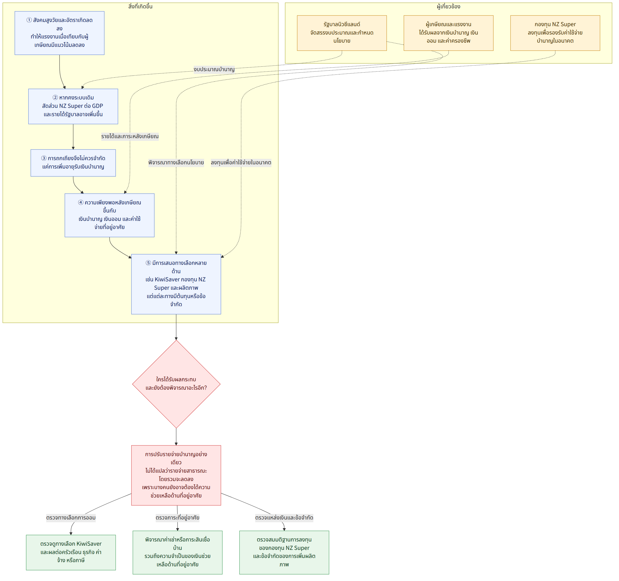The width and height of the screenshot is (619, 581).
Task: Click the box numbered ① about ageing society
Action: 60,33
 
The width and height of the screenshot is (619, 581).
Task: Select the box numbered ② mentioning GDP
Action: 73,106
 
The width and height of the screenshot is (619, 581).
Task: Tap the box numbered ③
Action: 73,163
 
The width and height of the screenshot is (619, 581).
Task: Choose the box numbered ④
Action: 110,215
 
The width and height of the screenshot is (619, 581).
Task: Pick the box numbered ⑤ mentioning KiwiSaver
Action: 176,284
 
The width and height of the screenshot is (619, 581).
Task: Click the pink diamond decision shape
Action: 176,384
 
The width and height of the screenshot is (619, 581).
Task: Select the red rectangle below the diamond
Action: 176,475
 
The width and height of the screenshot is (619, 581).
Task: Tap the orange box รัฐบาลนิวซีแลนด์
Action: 342,33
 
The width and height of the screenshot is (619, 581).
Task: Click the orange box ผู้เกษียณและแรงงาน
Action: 448,33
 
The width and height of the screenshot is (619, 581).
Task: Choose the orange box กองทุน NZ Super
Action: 555,33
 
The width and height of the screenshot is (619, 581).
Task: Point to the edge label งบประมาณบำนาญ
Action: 214,69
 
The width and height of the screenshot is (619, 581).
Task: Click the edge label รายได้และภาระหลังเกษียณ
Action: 130,136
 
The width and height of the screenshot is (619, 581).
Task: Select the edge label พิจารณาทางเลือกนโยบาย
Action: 176,163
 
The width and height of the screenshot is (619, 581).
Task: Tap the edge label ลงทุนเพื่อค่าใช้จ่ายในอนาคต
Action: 241,163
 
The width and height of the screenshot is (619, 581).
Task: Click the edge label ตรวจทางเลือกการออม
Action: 71,518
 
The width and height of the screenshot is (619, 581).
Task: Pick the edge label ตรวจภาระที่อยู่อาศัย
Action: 177,518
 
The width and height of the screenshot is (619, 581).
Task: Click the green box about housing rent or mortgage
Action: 177,552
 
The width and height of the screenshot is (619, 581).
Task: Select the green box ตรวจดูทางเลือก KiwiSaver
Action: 71,552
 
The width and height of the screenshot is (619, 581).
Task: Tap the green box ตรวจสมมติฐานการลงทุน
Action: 284,552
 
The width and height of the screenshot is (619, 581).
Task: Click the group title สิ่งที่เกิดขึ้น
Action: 140,7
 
